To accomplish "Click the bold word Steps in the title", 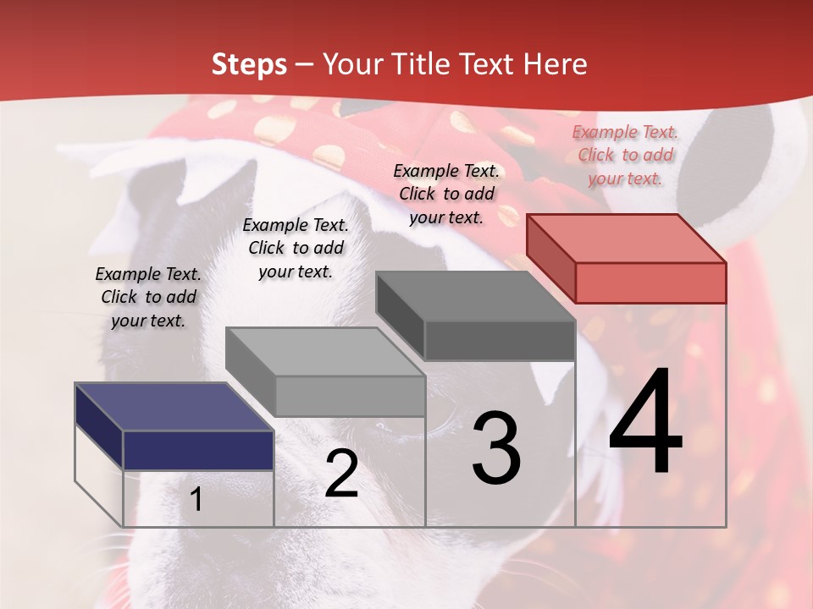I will pyautogui.click(x=249, y=64).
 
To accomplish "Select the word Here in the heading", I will pyautogui.click(x=556, y=64).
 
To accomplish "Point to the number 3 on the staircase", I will pyautogui.click(x=496, y=448).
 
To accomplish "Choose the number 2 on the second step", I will pyautogui.click(x=341, y=474).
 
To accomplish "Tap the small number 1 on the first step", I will pyautogui.click(x=196, y=500).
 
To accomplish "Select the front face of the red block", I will pyautogui.click(x=650, y=283).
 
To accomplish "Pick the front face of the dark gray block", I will pyautogui.click(x=500, y=341).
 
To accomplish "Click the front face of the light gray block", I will pyautogui.click(x=350, y=396).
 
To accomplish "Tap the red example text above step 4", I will pyautogui.click(x=625, y=155).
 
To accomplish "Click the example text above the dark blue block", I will pyautogui.click(x=148, y=297).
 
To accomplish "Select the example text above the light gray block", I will pyautogui.click(x=296, y=248).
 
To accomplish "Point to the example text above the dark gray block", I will pyautogui.click(x=446, y=194).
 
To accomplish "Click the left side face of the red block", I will pyautogui.click(x=550, y=258).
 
